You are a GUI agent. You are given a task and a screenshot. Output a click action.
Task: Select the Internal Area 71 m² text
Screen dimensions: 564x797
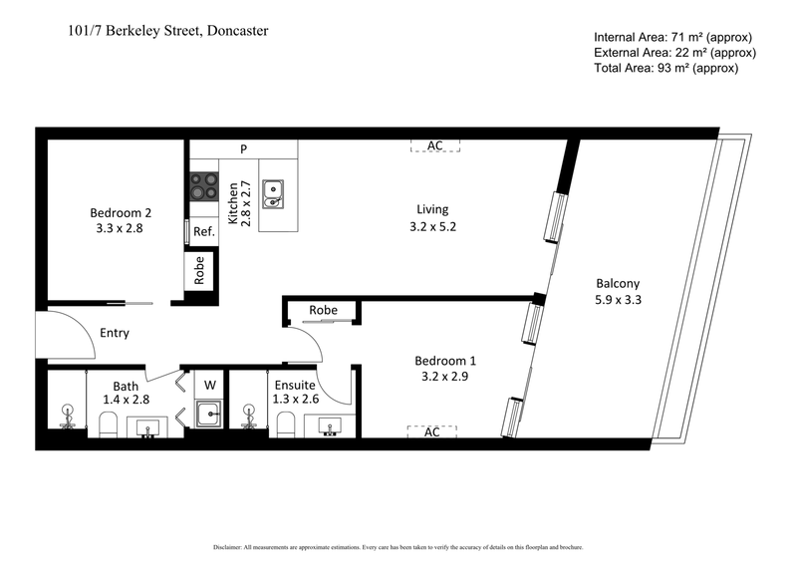click(x=674, y=37)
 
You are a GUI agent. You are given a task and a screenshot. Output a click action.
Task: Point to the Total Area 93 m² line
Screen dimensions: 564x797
click(x=664, y=68)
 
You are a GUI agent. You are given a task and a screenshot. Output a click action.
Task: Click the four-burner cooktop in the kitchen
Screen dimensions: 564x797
click(x=205, y=186)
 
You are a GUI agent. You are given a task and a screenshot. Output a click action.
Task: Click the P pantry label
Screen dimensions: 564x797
click(x=242, y=149)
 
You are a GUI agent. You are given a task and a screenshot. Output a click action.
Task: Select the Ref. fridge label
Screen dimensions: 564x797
click(x=204, y=231)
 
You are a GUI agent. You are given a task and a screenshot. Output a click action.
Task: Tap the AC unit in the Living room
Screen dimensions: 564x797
click(x=434, y=145)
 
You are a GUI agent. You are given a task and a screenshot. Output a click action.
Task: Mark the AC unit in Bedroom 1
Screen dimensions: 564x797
click(x=432, y=431)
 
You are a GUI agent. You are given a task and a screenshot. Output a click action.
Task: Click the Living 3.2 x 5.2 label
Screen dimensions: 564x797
click(x=432, y=217)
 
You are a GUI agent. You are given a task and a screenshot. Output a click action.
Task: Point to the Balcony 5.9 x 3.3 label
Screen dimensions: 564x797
click(x=618, y=290)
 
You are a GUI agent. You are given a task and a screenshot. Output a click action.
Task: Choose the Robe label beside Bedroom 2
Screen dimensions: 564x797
click(x=199, y=271)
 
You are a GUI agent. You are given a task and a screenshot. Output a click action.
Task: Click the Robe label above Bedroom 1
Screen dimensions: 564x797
click(x=323, y=311)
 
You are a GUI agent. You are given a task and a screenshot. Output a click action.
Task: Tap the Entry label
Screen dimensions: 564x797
click(x=114, y=333)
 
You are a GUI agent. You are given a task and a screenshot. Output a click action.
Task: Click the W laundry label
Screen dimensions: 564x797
click(x=210, y=384)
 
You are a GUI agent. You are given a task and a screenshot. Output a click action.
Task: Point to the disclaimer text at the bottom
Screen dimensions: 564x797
click(x=398, y=547)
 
